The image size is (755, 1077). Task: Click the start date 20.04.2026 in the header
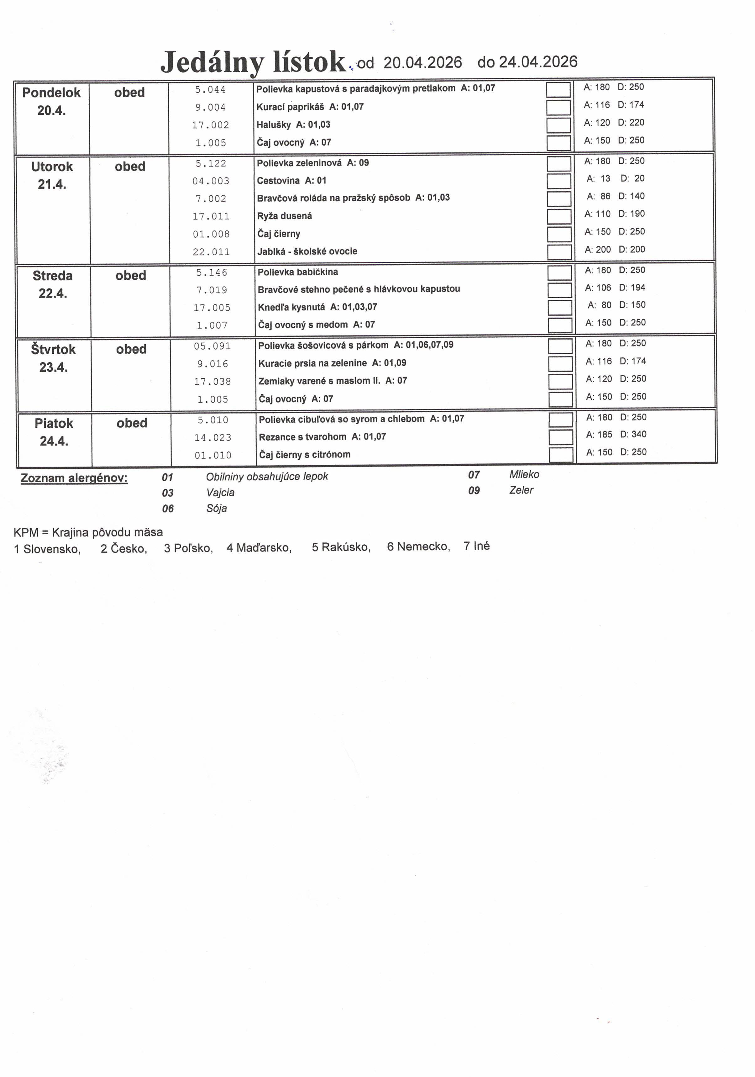pos(422,62)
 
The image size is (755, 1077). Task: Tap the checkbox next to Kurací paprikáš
pos(558,108)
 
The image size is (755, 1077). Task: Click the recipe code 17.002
pos(211,125)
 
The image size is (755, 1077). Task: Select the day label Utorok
pos(52,166)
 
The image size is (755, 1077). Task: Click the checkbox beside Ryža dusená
pos(559,216)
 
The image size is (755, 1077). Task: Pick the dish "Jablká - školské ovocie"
pos(307,251)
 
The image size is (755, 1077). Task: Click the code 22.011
pos(211,252)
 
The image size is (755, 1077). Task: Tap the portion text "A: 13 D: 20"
pos(615,179)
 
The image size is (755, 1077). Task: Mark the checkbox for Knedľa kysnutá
pos(559,308)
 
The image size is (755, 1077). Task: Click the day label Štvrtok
pos(54,350)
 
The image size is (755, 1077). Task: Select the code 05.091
pos(212,346)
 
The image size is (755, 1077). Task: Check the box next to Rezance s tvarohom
pos(560,437)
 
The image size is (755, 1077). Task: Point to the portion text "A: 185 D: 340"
pos(616,434)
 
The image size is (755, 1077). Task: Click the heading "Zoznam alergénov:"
pos(74,478)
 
